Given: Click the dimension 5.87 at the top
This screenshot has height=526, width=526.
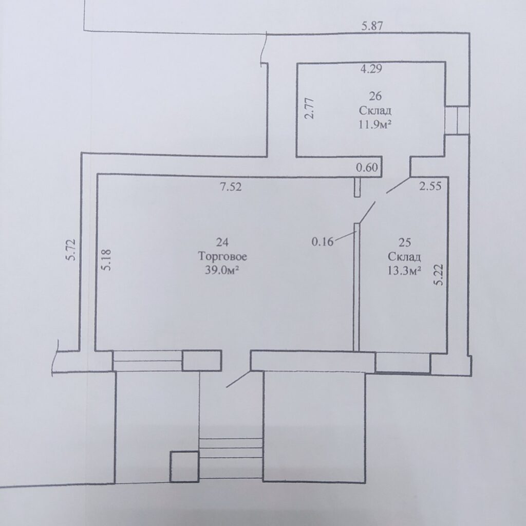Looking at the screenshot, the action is [372, 26].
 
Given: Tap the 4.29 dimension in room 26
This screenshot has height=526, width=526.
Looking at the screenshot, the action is [371, 69].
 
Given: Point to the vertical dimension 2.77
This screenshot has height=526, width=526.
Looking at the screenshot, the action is [309, 108].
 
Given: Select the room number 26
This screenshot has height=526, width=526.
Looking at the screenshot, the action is [375, 96].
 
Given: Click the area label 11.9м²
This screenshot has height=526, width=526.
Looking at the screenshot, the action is [375, 124].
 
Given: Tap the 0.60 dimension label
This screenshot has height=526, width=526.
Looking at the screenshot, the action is [367, 167].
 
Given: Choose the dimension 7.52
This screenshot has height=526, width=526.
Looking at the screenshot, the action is [231, 186].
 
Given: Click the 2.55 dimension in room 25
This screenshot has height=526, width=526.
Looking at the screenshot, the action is [430, 185].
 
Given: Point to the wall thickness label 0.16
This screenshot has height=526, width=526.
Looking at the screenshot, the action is [323, 241].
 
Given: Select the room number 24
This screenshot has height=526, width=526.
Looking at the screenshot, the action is [222, 242].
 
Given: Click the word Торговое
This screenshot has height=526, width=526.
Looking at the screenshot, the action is [222, 256].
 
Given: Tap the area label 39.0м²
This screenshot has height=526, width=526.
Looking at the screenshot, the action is [222, 270].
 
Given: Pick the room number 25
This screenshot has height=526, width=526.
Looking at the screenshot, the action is [405, 242].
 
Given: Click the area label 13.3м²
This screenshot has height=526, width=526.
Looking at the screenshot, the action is [404, 270].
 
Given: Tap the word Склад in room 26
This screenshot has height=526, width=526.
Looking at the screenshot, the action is [375, 110].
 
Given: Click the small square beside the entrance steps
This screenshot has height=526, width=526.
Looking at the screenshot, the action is [184, 466].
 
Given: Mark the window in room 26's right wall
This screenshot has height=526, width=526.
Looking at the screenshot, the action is [457, 120].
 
